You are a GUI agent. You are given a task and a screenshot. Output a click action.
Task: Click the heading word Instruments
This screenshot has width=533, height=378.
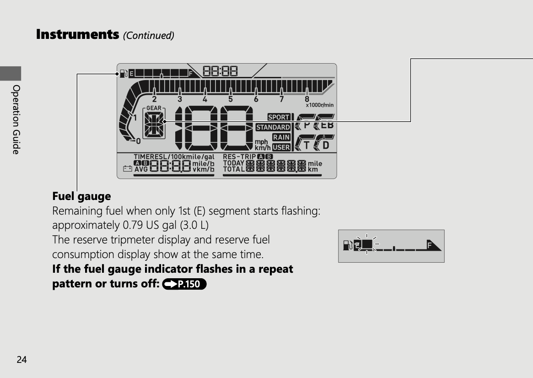click(77, 34)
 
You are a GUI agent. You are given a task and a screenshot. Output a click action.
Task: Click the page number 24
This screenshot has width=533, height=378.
click(22, 360)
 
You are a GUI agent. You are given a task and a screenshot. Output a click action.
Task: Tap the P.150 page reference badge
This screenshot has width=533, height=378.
click(184, 284)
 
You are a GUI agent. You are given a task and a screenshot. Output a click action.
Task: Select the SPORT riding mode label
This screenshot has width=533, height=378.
click(279, 117)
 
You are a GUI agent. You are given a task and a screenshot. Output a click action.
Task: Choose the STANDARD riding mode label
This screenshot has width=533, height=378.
click(273, 127)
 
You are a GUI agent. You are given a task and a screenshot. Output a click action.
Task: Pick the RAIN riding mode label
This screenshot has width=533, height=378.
click(281, 137)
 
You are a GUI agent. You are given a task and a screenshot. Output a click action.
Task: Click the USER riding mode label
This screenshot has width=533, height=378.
click(281, 147)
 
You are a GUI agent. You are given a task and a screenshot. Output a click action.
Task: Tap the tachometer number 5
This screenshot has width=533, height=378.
click(231, 99)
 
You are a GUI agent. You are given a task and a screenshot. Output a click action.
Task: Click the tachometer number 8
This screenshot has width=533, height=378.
click(307, 99)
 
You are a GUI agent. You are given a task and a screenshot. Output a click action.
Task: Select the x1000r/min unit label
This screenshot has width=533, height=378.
click(319, 105)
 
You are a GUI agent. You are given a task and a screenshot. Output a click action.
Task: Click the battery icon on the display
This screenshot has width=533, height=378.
click(128, 168)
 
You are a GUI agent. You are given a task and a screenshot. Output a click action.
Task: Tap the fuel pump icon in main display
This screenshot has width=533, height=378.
click(124, 73)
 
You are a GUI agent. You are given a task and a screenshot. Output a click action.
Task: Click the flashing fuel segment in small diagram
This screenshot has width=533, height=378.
click(367, 244)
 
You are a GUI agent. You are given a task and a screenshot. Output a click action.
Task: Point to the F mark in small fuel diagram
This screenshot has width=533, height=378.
click(429, 245)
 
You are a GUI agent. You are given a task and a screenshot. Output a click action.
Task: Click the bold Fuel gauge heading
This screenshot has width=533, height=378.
click(81, 196)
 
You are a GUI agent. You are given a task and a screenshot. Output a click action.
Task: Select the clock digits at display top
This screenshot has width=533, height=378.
click(220, 71)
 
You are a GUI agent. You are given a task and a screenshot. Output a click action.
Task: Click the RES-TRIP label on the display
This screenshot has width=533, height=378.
click(239, 157)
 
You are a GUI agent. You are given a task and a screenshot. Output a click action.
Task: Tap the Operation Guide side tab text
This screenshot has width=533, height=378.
click(16, 119)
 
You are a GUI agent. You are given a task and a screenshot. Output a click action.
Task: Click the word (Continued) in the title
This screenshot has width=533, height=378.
click(149, 35)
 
